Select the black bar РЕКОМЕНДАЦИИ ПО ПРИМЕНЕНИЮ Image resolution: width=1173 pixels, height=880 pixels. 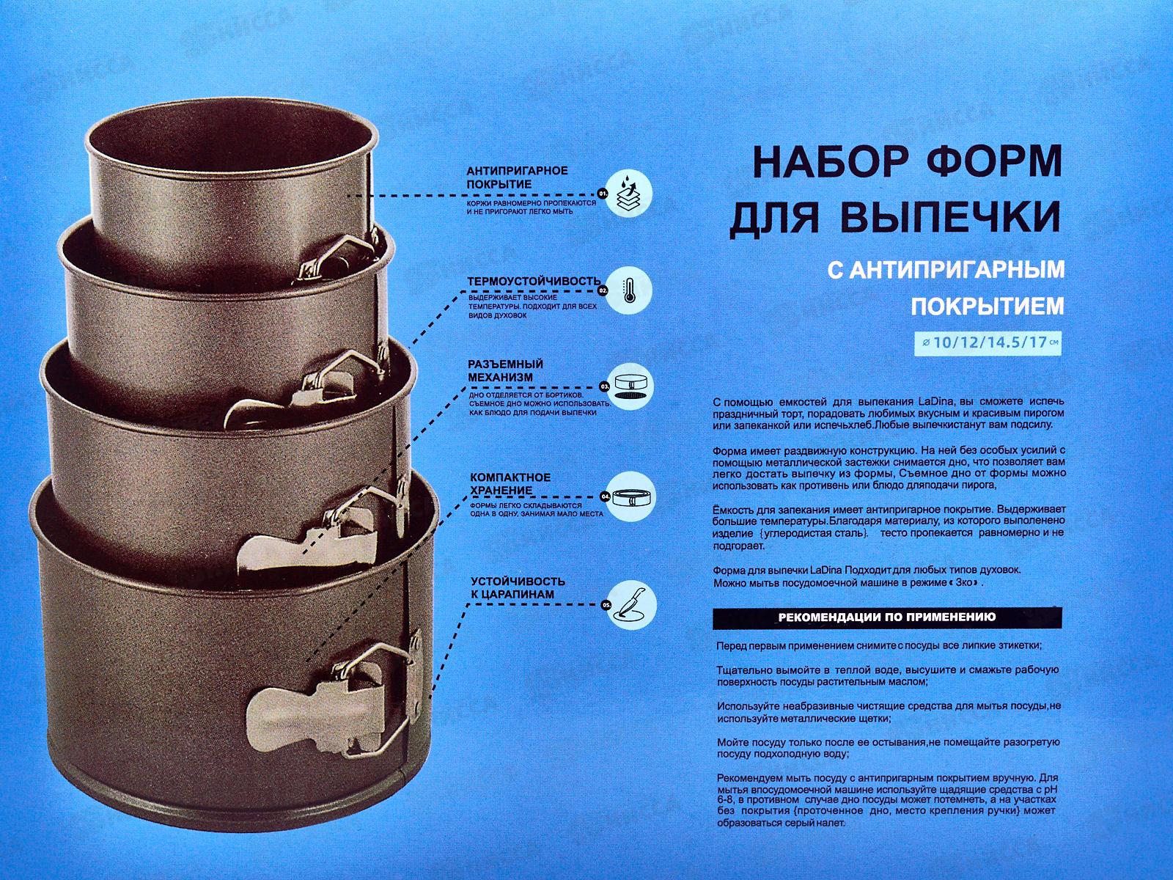[x=887, y=617]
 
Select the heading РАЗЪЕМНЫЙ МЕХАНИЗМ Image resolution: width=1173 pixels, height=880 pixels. [x=506, y=370]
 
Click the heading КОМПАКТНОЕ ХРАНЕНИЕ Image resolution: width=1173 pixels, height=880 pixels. [x=510, y=483]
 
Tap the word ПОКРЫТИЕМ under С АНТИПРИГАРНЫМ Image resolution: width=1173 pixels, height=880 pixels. [x=986, y=307]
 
